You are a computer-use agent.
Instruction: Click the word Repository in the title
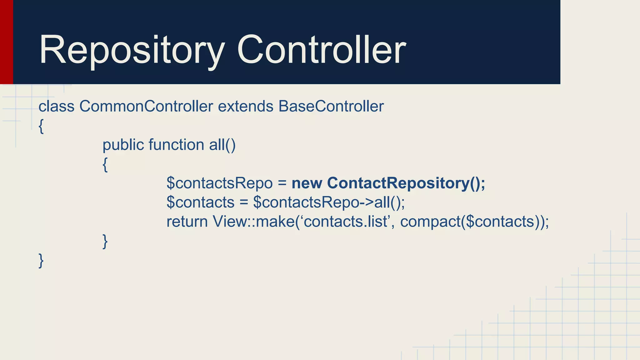point(131,50)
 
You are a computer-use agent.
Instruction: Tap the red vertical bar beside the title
point(6,42)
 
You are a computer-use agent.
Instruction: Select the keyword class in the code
point(56,106)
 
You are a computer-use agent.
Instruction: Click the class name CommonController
point(146,106)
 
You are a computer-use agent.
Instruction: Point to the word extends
point(246,106)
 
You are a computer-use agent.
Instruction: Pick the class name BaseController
point(331,106)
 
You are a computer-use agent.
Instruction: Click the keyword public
point(123,145)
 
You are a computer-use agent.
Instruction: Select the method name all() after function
point(222,145)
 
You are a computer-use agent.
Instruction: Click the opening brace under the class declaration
point(41,127)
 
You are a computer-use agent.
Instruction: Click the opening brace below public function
point(105,165)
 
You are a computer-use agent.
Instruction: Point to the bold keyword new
point(307,183)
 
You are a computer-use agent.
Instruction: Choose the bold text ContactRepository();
point(406,183)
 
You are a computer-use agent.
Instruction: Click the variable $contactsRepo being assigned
point(219,183)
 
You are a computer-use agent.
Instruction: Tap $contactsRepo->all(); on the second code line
point(329,202)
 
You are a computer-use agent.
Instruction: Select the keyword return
point(187,222)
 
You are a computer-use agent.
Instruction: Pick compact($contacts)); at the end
point(474,222)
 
